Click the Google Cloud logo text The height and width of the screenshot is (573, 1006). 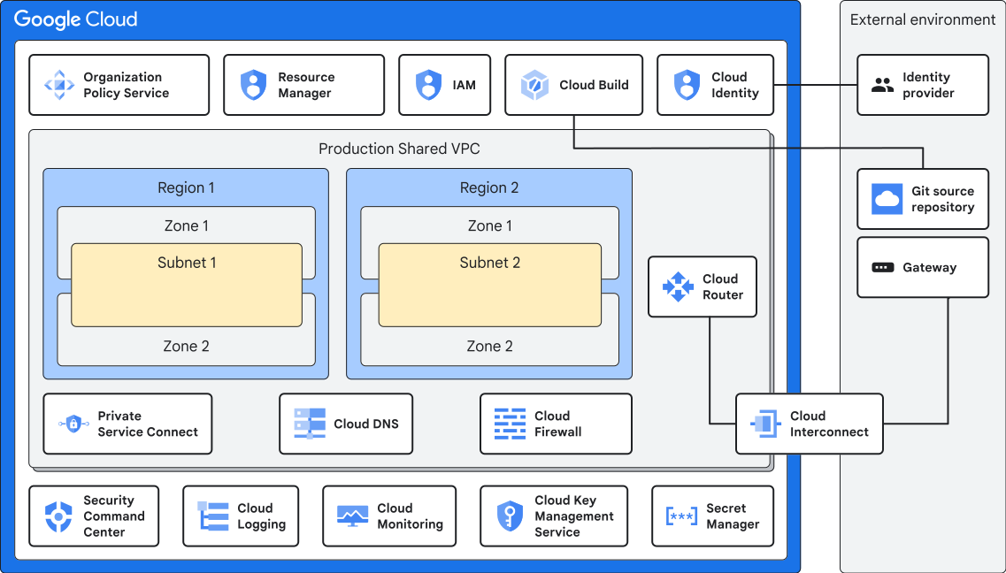point(76,19)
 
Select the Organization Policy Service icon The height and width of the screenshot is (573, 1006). point(59,85)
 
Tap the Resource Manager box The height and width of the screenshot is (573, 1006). point(303,85)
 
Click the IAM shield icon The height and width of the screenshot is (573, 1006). point(429,85)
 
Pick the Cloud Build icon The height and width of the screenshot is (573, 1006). point(535,85)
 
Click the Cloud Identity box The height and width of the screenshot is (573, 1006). point(715,85)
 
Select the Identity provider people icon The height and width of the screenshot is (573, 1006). point(882,85)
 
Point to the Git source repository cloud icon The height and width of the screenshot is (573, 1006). point(887,199)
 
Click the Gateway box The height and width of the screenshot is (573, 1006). point(923,267)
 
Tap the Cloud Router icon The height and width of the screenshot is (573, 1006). point(678,286)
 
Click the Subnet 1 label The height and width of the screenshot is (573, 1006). point(187,263)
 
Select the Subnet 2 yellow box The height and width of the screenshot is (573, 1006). point(489,286)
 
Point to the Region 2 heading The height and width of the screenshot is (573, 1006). point(489,187)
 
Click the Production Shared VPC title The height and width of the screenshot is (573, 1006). point(399,149)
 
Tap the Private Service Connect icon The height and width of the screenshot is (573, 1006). point(73,424)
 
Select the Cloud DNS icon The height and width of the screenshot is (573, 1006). point(310,424)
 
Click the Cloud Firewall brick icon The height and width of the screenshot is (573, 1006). point(510,424)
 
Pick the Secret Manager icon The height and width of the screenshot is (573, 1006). point(680,516)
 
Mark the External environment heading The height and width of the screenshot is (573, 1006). point(923,19)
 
